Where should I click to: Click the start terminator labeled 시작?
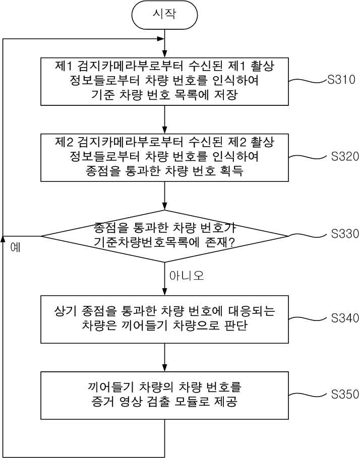click(164, 15)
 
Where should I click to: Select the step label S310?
click(341, 80)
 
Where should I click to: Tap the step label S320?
click(345, 156)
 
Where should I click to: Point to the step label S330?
click(345, 233)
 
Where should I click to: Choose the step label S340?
click(345, 318)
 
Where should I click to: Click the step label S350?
click(345, 395)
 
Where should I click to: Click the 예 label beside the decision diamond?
click(15, 247)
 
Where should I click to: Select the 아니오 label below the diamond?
click(187, 276)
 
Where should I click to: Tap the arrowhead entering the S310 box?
click(164, 54)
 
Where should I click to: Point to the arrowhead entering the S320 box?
click(164, 130)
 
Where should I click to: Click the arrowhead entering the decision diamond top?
click(164, 206)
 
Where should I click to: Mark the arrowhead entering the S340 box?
click(164, 292)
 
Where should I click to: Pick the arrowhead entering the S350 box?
click(164, 368)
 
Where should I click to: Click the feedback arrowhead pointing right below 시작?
click(160, 39)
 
